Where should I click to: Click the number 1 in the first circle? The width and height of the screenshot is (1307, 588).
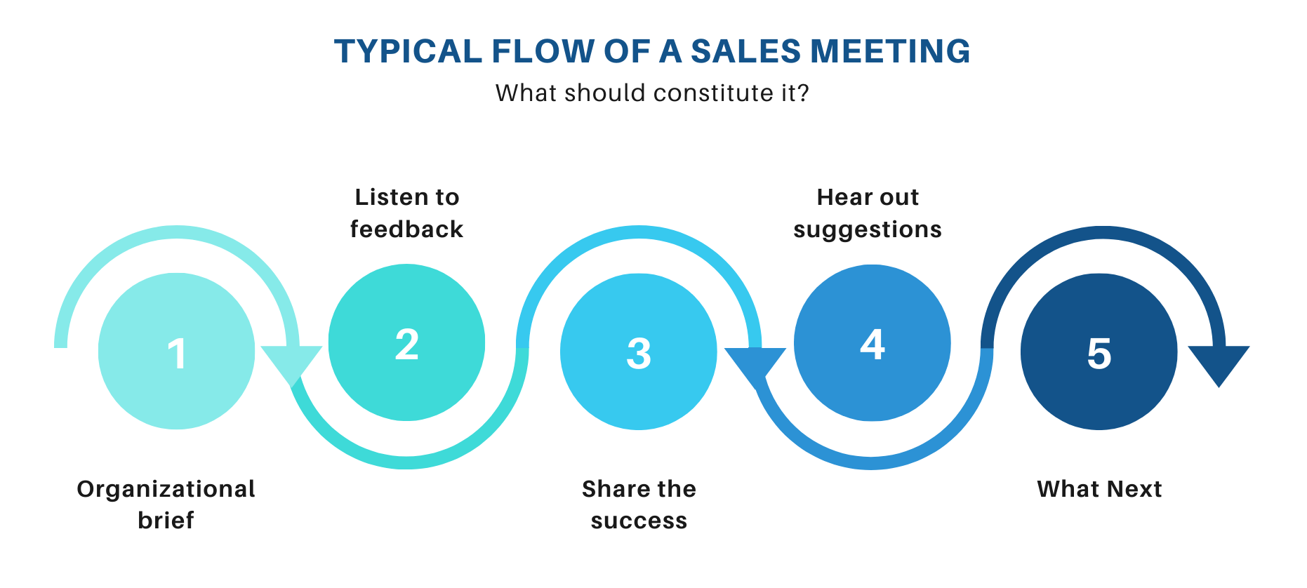pos(177,354)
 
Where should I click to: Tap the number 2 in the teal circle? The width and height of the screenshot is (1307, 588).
pos(407,345)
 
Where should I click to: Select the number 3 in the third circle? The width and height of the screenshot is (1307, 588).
pos(639,354)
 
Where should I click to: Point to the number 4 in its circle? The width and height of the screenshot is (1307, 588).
pos(873,345)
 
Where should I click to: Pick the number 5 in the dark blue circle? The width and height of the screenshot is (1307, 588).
pos(1099,354)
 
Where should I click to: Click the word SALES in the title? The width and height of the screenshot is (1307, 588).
pos(745,51)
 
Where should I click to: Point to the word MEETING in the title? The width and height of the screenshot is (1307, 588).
pos(890,51)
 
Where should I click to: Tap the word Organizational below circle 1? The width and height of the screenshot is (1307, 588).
pos(166,488)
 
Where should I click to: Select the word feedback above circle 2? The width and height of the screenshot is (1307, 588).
pos(406,229)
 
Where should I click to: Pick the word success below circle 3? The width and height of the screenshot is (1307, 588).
pos(639,521)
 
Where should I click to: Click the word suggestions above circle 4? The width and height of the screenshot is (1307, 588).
pos(868,230)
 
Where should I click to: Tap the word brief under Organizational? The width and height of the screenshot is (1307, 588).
pos(166,520)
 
